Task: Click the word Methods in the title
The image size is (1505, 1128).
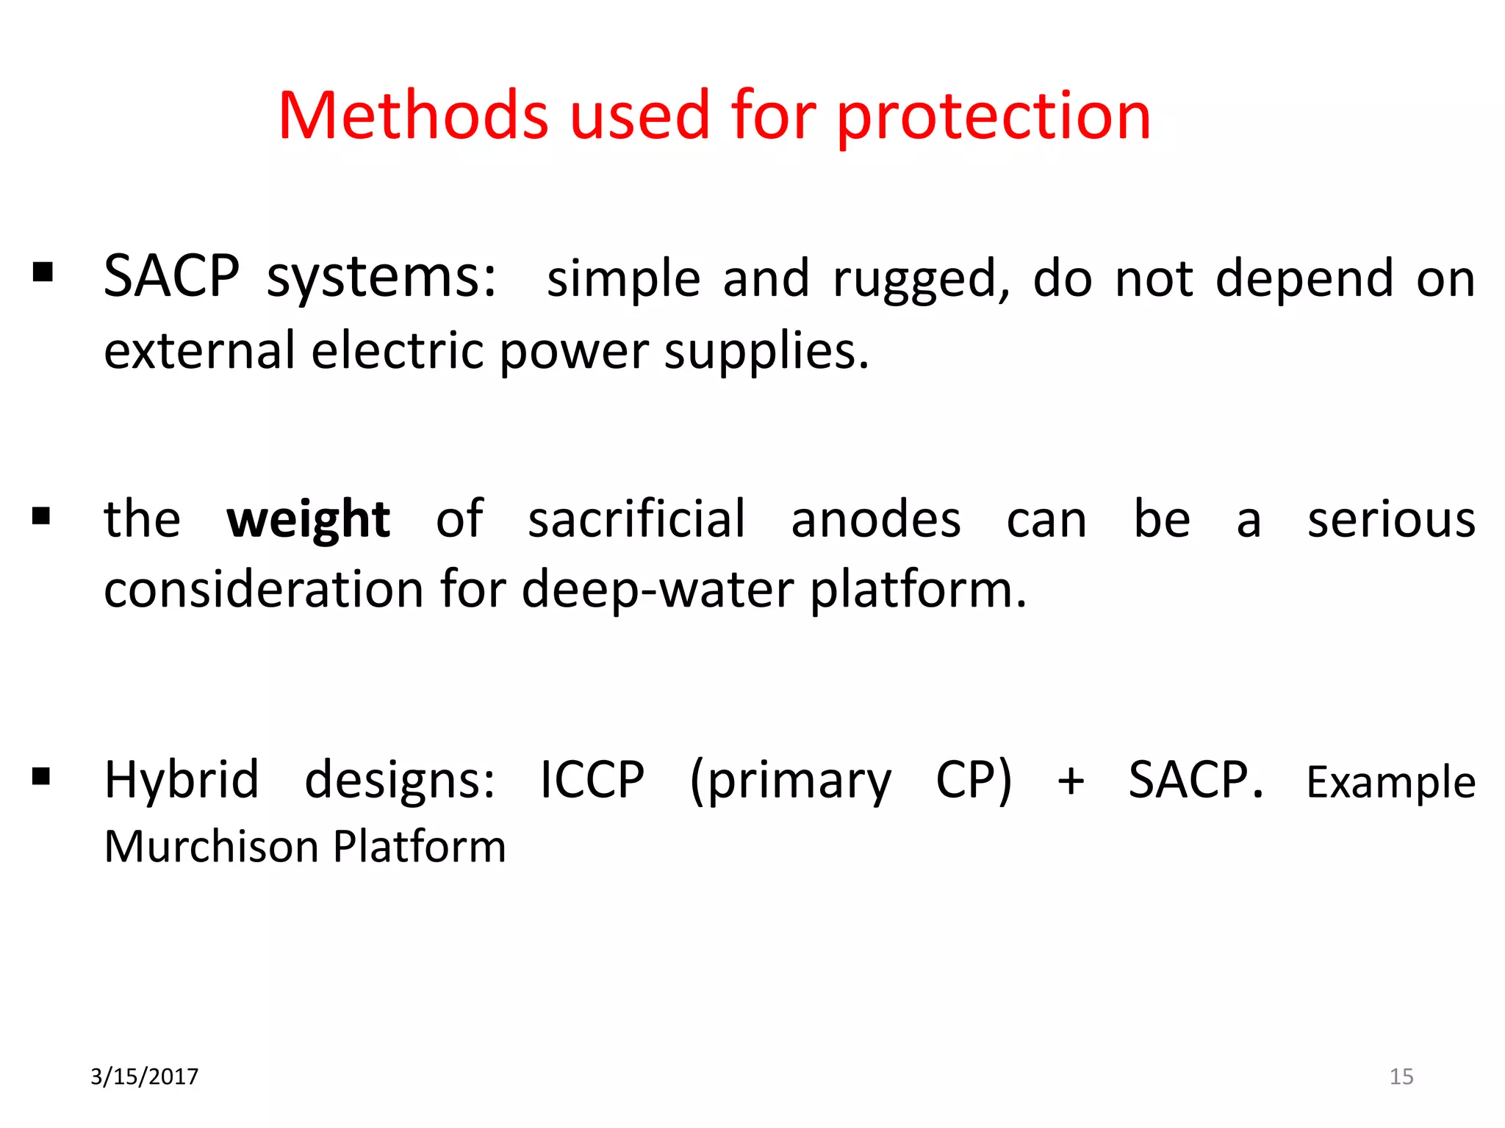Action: point(413,116)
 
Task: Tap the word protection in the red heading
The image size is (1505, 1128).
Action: point(994,117)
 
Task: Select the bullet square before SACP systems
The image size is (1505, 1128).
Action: point(43,272)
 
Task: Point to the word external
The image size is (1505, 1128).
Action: point(199,351)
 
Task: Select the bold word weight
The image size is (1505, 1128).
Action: point(308,520)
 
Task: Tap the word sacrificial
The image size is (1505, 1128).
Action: point(636,518)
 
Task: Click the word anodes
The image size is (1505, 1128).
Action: point(876,520)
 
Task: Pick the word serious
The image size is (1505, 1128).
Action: point(1391,520)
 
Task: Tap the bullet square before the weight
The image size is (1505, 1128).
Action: point(41,516)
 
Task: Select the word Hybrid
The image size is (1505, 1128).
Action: point(182,781)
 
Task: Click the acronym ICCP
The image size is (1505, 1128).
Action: point(592,780)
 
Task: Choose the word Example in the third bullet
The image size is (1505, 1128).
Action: point(1390,782)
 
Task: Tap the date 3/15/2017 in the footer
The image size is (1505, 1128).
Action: point(144,1077)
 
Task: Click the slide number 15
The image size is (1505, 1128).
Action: point(1401,1077)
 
